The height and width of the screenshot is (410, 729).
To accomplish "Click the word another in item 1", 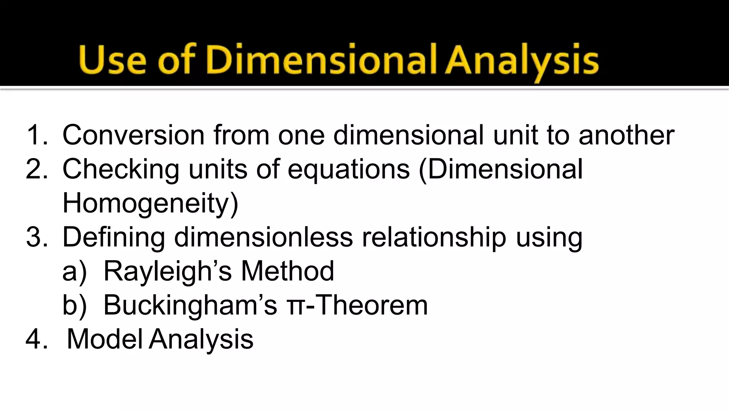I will pos(626,135).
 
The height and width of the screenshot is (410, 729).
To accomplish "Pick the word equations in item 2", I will pos(348,169).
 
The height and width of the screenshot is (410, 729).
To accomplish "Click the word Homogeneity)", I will pos(150,204).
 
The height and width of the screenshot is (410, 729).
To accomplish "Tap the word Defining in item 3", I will pos(114,237).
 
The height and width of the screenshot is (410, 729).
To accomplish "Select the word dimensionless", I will pos(263,237).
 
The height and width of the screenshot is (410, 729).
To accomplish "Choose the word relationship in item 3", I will pos(434,237).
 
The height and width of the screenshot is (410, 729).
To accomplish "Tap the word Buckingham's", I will pos(190,305).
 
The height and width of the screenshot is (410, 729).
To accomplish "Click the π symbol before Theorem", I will pos(295,307).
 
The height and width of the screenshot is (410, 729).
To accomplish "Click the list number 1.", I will pos(37,135).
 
